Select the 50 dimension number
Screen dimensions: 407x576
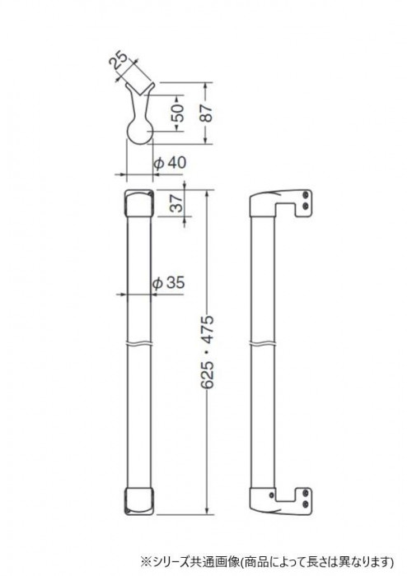pyautogui.click(x=178, y=114)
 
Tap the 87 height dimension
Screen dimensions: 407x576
pyautogui.click(x=207, y=114)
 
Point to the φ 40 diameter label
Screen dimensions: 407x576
pyautogui.click(x=170, y=163)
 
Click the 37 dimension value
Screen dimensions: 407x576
pyautogui.click(x=178, y=202)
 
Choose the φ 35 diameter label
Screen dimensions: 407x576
pyautogui.click(x=168, y=283)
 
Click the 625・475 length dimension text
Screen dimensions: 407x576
pyautogui.click(x=208, y=351)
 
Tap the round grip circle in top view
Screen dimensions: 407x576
pyautogui.click(x=140, y=132)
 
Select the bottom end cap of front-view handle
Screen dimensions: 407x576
pyautogui.click(x=139, y=501)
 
